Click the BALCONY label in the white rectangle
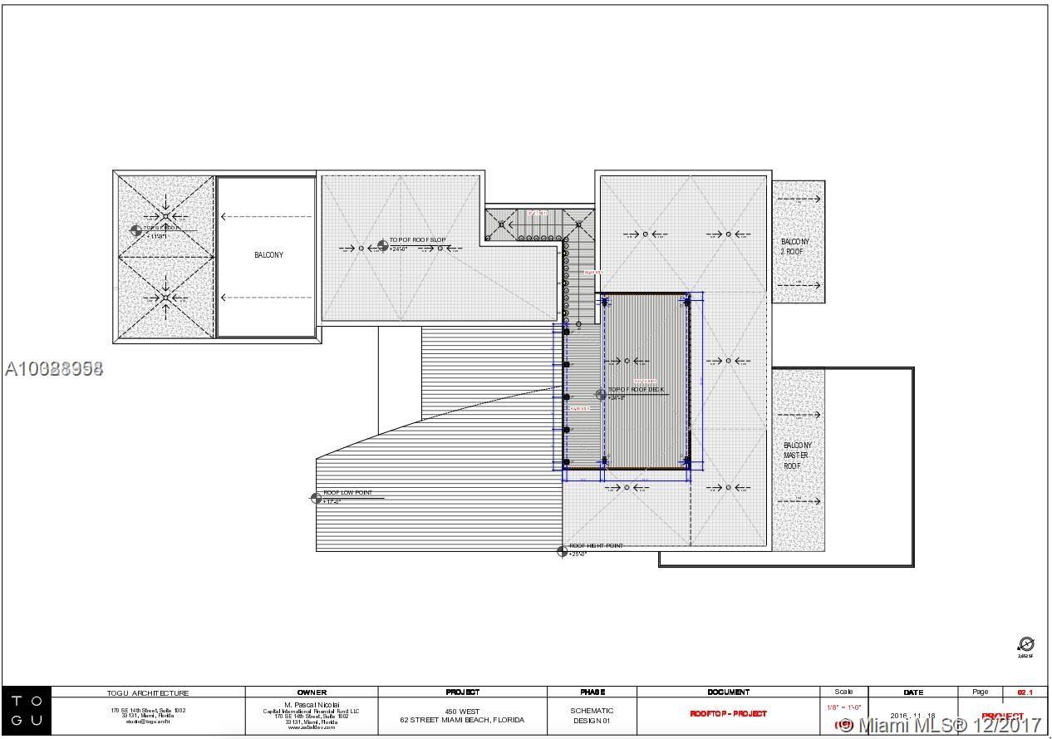268,255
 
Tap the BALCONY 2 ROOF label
795,246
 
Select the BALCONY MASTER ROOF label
797,456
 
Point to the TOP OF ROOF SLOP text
417,240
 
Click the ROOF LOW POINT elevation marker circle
316,498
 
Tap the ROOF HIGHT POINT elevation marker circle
562,551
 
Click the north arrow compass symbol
1025,645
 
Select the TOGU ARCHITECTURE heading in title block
148,692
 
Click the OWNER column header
312,692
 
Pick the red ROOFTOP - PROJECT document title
728,713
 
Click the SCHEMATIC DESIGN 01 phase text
592,715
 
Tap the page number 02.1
1025,692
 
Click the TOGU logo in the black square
27,712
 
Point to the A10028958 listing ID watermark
54,368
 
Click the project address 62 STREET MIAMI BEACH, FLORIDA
462,720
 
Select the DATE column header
912,692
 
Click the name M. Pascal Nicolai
312,704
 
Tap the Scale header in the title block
843,692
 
